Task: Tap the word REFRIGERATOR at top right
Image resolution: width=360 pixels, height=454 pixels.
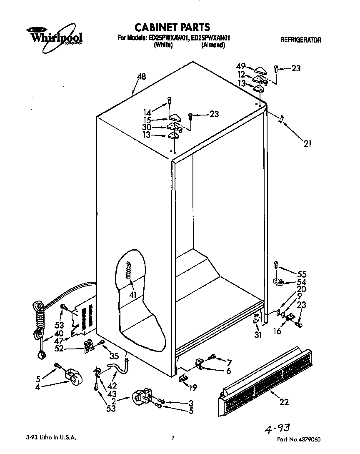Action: (300, 40)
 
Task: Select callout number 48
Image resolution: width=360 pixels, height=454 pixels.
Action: (141, 77)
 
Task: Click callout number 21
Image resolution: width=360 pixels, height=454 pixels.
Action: (307, 144)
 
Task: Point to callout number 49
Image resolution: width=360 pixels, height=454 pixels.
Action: (240, 66)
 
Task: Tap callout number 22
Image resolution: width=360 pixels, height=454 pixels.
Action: (284, 402)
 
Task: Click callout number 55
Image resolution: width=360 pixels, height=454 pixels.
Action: (302, 275)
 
